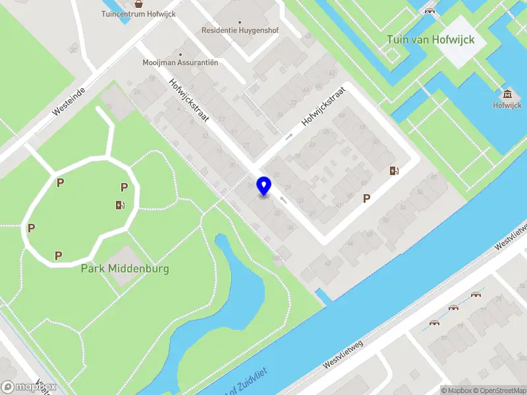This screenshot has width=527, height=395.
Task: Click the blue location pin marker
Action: point(264,186)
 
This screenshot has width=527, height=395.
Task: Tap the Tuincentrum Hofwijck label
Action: point(138,14)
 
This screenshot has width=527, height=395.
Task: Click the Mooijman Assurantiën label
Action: point(180,63)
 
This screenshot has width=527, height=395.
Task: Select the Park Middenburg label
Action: point(125,269)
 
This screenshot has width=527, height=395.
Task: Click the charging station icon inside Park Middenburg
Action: point(119,205)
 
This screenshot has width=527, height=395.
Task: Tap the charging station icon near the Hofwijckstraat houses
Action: point(394,171)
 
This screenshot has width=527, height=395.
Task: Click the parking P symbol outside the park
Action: point(367,197)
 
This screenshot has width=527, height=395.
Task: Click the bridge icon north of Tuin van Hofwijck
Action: point(430,10)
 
